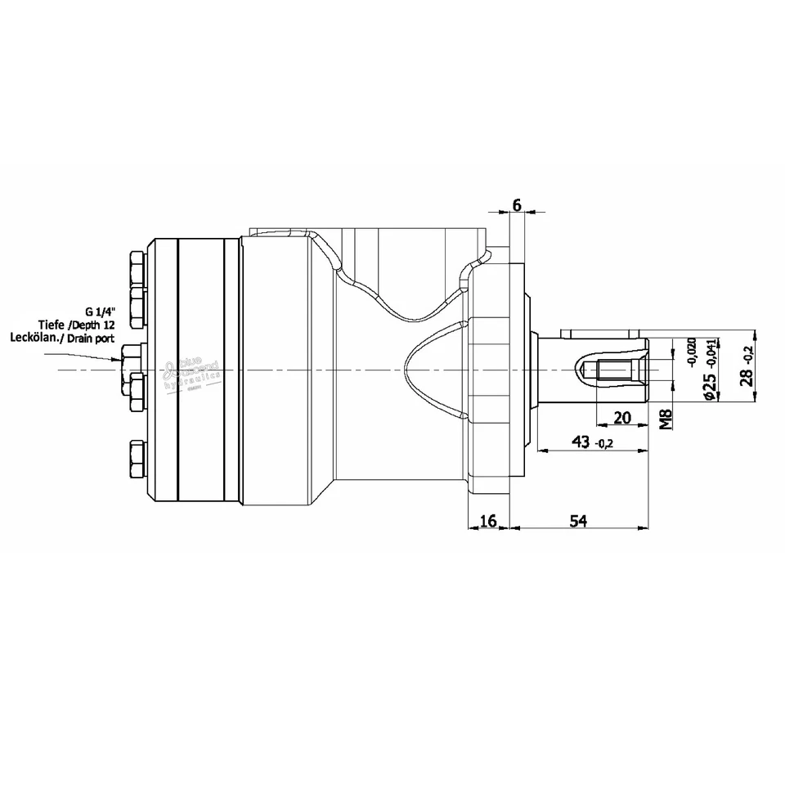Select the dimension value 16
click(487, 521)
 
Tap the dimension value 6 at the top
click(516, 204)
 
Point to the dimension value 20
click(621, 418)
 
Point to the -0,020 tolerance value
click(692, 350)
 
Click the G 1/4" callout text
click(100, 311)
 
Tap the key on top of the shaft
click(602, 333)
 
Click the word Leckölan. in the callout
click(34, 337)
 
